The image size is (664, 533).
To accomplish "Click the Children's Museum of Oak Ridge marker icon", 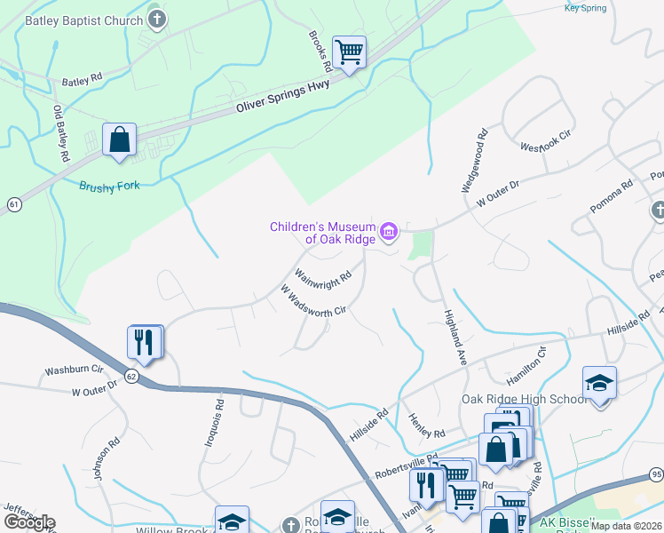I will click(388, 233).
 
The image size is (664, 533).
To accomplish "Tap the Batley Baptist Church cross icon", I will click(156, 20).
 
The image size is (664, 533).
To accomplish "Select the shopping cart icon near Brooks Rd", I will click(350, 52).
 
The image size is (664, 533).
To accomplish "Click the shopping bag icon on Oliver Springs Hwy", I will click(119, 139).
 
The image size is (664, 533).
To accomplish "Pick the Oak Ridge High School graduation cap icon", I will click(599, 383).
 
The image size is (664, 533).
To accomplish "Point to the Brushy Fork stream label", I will click(109, 186).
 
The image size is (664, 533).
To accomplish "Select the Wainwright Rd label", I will click(323, 275).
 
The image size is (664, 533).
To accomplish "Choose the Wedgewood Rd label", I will click(473, 163).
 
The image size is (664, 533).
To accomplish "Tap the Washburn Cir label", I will click(75, 369).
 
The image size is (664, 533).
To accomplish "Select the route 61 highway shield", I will click(12, 205).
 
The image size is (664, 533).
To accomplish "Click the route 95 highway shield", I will click(656, 473).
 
